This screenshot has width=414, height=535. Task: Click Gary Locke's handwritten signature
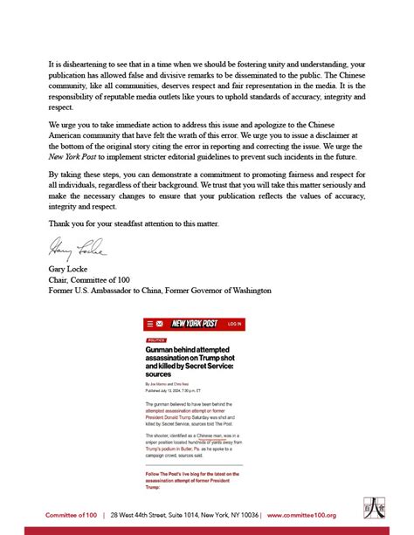75,250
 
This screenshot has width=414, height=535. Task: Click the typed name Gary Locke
71,270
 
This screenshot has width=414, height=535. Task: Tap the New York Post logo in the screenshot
194,324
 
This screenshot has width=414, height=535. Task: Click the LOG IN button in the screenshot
234,324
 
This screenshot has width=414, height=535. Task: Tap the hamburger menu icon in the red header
149,324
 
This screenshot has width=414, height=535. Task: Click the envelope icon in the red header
159,324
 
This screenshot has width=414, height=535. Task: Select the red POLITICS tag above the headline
156,340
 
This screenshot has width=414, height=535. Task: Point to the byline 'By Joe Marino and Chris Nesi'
166,383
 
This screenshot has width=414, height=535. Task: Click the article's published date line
175,389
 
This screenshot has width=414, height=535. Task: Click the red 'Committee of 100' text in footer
72,515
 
